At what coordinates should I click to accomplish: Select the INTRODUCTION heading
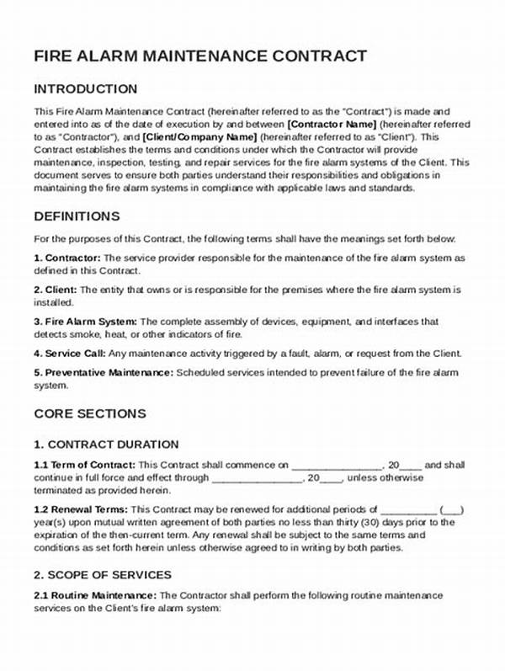point(85,88)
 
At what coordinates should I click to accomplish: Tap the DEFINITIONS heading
point(77,216)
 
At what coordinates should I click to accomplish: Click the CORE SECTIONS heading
point(90,413)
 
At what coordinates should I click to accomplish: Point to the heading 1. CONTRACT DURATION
point(106,444)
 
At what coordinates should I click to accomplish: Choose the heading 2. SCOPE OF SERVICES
point(103,575)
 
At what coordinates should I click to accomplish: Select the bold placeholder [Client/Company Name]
point(200,136)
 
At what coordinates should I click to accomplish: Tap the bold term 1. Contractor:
point(67,258)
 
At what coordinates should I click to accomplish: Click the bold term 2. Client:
point(56,290)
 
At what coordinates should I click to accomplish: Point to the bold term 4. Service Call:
point(73,354)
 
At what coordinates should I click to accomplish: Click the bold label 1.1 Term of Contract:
point(84,465)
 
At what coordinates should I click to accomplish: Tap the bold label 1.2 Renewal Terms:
point(81,509)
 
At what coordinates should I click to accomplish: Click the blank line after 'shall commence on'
point(338,466)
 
